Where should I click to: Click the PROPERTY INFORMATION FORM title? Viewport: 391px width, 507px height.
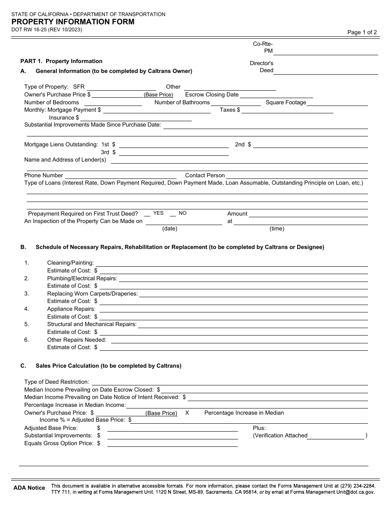72,22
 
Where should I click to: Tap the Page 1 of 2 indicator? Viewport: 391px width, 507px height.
362,32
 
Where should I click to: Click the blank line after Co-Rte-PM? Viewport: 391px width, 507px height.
326,52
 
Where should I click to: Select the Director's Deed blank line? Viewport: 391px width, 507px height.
326,71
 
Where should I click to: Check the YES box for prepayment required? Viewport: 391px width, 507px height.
147,214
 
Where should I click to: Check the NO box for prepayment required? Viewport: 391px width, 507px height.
173,214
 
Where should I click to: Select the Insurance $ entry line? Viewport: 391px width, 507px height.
136,118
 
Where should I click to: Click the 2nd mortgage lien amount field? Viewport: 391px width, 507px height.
311,145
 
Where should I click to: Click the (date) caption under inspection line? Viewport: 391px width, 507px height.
170,229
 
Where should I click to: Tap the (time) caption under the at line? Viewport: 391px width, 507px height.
277,229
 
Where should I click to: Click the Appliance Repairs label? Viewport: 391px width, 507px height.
71,309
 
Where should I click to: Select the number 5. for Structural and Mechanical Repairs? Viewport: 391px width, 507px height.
27,324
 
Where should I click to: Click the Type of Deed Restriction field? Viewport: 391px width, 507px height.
229,383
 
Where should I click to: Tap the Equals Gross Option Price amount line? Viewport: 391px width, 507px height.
172,444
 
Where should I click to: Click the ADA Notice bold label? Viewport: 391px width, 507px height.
29,488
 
